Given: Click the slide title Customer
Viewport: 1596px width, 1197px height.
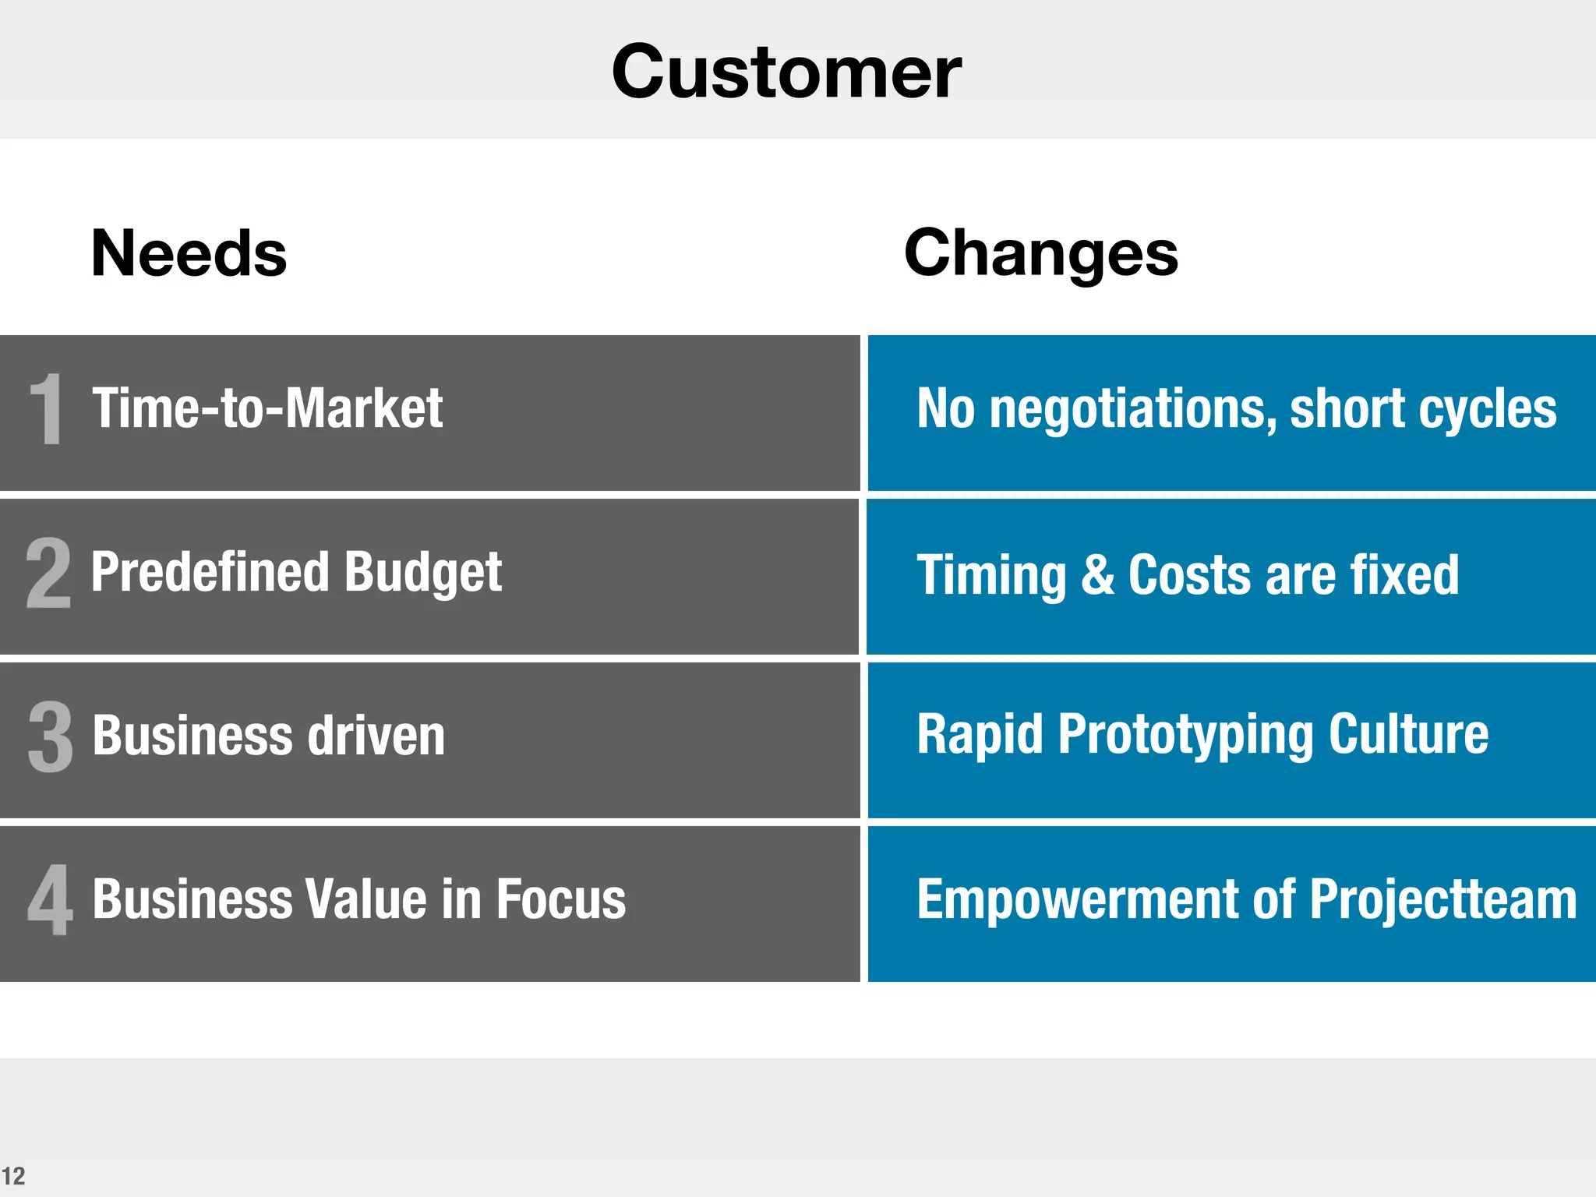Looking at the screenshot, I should point(786,72).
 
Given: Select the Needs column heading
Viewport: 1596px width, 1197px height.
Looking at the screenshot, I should point(189,253).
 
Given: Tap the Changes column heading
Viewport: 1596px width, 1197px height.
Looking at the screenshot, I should point(1040,253).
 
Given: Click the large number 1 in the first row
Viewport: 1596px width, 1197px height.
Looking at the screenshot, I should point(47,408).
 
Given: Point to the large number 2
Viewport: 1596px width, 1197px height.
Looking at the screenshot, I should point(48,573).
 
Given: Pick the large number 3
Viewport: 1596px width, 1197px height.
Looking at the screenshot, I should point(50,736).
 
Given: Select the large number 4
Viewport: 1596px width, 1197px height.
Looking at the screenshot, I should point(51,900).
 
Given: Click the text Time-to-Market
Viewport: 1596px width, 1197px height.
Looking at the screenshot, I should point(267,408).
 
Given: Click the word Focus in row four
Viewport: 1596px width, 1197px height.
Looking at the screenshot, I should point(560,899).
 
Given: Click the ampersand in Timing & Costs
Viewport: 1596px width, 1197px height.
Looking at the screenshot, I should point(1097,574).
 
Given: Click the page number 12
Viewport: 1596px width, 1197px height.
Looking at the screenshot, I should point(13,1176).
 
